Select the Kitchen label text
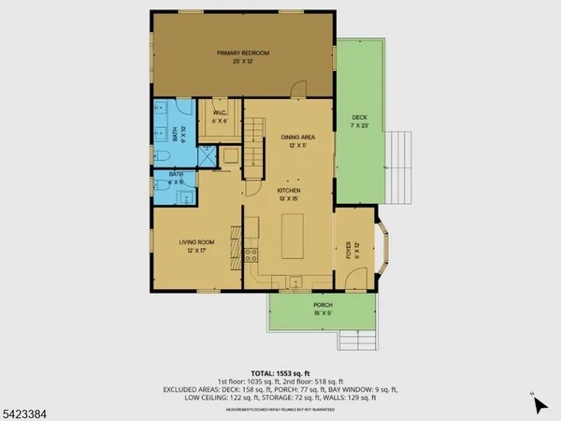pyautogui.click(x=289, y=194)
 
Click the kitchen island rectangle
pyautogui.click(x=291, y=236)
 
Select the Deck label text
pyautogui.click(x=361, y=122)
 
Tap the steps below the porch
pyautogui.click(x=359, y=342)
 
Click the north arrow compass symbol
pyautogui.click(x=539, y=404)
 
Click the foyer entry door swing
pyautogui.click(x=355, y=278)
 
